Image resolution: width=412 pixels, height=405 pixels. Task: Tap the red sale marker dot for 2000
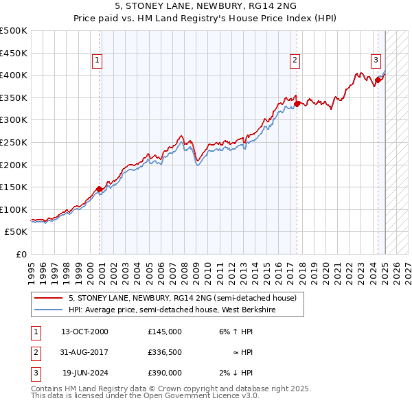point(100,189)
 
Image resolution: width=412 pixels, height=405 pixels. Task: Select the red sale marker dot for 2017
point(297,104)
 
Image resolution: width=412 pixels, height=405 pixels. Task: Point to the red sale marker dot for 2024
point(378,80)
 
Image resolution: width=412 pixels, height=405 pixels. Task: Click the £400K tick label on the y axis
point(14,75)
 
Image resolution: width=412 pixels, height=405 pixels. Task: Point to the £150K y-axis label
point(14,187)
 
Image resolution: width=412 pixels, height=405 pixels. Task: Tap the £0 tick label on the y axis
point(22,254)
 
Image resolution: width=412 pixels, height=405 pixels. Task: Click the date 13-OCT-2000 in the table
point(84,331)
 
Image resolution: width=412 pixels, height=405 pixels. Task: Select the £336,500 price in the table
point(164,352)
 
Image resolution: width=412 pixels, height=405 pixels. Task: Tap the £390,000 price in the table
point(164,373)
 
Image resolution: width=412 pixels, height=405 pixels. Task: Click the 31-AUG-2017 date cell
point(84,352)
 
